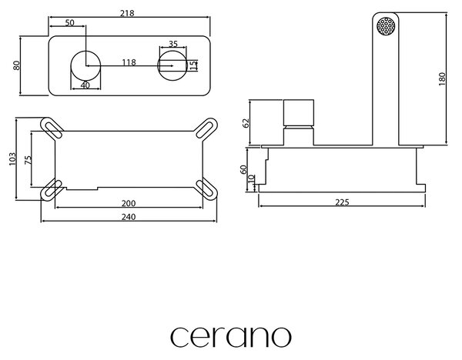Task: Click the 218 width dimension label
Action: click(x=127, y=13)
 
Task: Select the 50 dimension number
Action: click(x=70, y=22)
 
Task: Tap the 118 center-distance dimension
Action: click(x=129, y=62)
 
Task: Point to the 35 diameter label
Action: click(x=173, y=44)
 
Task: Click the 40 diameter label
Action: click(x=85, y=85)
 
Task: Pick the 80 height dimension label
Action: click(x=16, y=65)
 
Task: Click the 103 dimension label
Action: click(x=12, y=159)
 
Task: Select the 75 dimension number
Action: click(x=28, y=160)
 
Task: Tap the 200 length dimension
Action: click(x=129, y=203)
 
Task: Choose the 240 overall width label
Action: click(x=129, y=217)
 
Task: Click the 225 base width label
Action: click(x=342, y=202)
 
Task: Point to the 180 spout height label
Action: click(x=442, y=79)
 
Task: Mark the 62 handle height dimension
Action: click(x=246, y=123)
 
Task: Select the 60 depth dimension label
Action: click(x=243, y=169)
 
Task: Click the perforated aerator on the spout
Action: click(x=386, y=26)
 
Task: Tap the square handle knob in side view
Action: click(x=299, y=113)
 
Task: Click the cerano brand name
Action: click(x=231, y=337)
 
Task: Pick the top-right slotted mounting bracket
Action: click(x=207, y=128)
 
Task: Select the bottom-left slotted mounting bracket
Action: click(x=52, y=190)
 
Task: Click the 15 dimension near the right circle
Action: click(x=193, y=65)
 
